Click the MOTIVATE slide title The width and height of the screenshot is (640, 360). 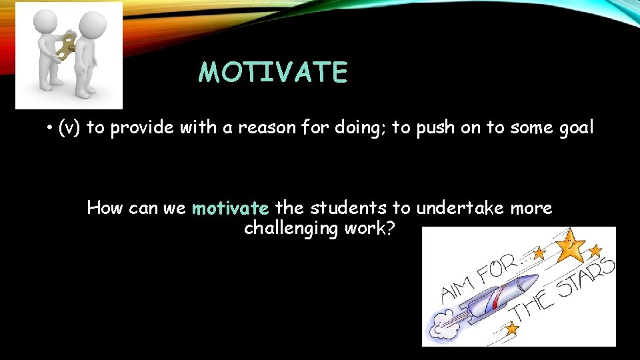pyautogui.click(x=273, y=73)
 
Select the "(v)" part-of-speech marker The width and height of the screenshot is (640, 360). pyautogui.click(x=70, y=128)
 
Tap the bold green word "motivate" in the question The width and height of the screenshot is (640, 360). pyautogui.click(x=230, y=209)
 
